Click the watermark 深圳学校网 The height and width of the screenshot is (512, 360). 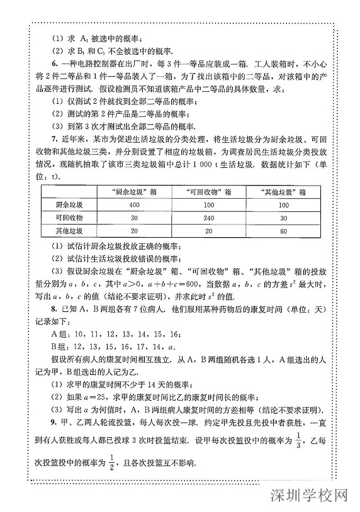(310, 496)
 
